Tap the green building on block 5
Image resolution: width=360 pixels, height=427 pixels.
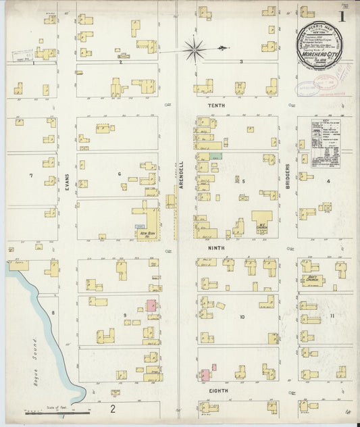click(215, 156)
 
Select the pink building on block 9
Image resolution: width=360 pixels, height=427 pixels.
click(152, 305)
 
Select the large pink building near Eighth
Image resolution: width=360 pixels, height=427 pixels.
click(204, 374)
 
